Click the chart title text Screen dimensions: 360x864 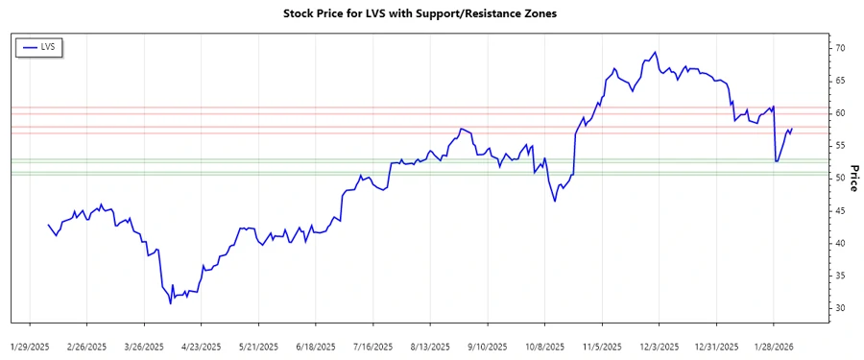pos(420,13)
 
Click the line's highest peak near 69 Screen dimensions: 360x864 pos(655,53)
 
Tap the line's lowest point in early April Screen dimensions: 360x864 pos(170,303)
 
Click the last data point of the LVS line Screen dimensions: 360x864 pos(792,128)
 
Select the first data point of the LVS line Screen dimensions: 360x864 pos(48,225)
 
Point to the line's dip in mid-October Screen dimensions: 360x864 pos(555,201)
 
